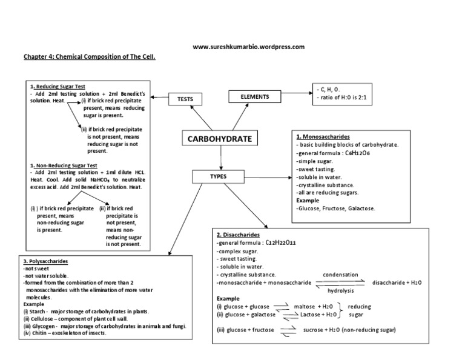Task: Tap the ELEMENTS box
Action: [254, 97]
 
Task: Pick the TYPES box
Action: [217, 176]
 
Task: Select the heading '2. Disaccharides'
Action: [239, 234]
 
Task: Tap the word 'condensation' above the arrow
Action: [340, 274]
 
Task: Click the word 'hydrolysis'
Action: [340, 290]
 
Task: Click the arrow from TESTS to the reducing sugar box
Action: [160, 96]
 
